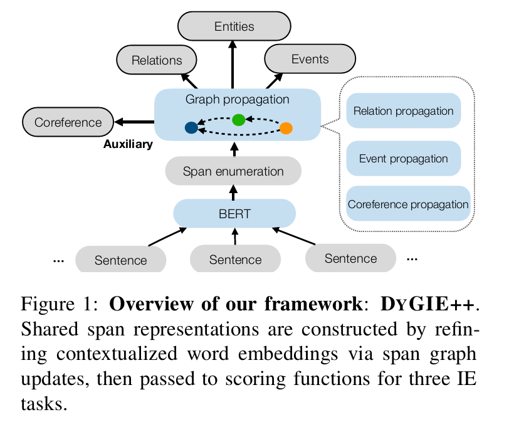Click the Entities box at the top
point(234,26)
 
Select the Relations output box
point(157,60)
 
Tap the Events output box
point(310,59)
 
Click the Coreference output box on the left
point(68,122)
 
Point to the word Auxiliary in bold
point(128,145)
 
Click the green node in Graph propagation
point(238,120)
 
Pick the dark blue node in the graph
point(192,128)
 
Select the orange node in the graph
point(286,128)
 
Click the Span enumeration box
point(233,171)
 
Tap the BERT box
point(234,213)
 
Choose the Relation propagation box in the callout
point(403,111)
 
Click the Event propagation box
point(403,158)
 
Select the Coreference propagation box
point(408,204)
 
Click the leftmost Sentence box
point(120,260)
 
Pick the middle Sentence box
point(235,259)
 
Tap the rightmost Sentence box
point(350,258)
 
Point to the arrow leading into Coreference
point(134,122)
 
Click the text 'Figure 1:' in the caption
point(60,305)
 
